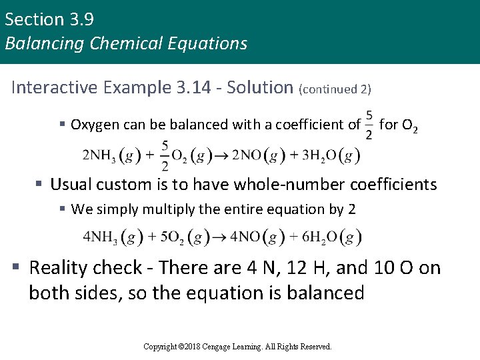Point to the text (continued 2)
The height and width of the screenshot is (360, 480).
pyautogui.click(x=335, y=89)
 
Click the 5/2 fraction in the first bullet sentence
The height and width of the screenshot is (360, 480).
pyautogui.click(x=369, y=125)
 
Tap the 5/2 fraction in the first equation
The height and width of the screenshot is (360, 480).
pyautogui.click(x=164, y=154)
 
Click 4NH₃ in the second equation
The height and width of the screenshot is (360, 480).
pyautogui.click(x=100, y=237)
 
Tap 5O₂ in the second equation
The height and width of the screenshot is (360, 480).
pyautogui.click(x=167, y=237)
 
